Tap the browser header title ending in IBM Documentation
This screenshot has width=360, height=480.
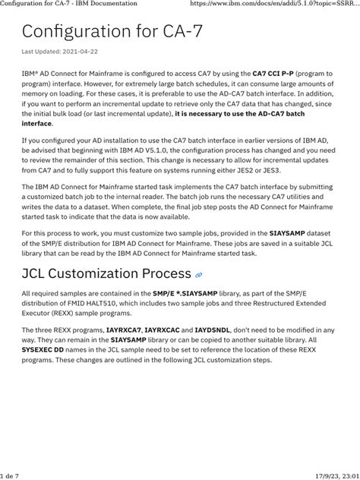68,4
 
